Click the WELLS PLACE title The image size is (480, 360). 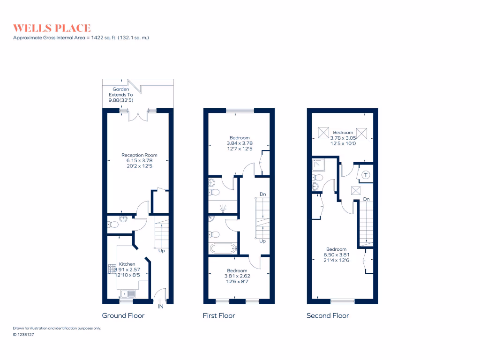coord(52,28)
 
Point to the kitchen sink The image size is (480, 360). coord(127,294)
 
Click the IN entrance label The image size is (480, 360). coord(160,307)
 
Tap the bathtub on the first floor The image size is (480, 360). coord(223,248)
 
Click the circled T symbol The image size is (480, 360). coord(366,175)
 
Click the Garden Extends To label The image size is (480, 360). coord(120,95)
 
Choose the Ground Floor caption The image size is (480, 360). coord(123,315)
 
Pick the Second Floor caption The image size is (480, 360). coord(328,315)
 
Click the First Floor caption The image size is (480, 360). coord(219,315)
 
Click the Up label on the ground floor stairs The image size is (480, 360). coord(161,251)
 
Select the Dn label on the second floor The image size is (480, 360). coord(367,199)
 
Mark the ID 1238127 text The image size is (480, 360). coord(24,335)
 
